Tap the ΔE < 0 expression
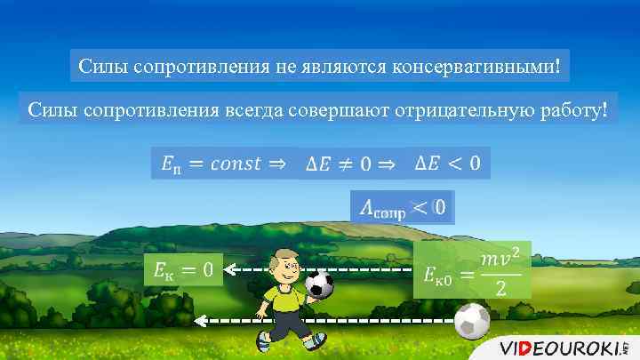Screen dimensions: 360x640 (x=448, y=163)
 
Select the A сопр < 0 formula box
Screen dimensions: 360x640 (x=403, y=209)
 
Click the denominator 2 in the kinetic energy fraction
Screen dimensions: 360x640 (x=500, y=289)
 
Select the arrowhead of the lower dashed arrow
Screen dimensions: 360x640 (x=201, y=320)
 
